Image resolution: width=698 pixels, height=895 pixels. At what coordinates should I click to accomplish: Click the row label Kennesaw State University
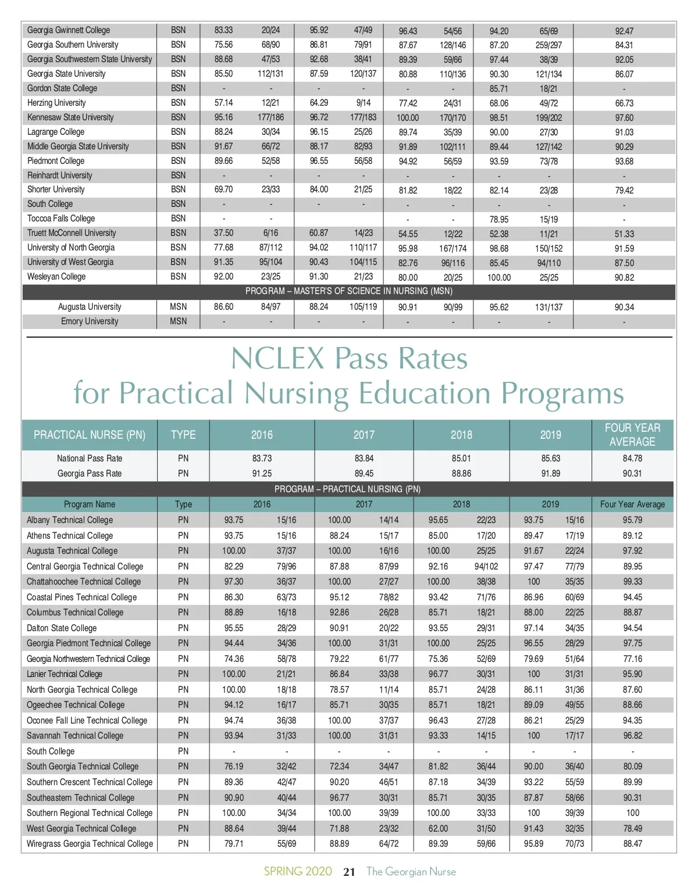click(70, 117)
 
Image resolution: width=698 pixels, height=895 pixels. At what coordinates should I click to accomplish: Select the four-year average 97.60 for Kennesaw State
click(624, 118)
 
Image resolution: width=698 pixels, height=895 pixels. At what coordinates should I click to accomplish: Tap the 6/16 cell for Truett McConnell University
click(270, 233)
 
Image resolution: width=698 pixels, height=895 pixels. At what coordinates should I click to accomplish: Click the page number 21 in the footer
click(349, 872)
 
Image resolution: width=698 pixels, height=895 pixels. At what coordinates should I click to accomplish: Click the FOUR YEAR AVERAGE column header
click(632, 435)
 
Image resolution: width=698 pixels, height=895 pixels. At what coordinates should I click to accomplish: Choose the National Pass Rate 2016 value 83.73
click(262, 459)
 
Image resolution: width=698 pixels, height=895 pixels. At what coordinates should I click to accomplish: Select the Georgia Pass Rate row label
click(90, 474)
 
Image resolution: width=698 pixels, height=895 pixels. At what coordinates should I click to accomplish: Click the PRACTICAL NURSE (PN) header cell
click(90, 435)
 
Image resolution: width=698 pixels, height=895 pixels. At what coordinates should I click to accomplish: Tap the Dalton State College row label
click(62, 628)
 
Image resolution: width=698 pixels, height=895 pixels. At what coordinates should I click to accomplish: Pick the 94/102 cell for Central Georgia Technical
click(486, 567)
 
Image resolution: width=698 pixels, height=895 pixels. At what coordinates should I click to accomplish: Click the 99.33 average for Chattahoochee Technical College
click(632, 582)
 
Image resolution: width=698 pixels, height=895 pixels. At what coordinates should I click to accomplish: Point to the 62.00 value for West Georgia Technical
click(438, 829)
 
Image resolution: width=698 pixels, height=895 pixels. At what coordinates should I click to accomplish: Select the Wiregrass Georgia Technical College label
click(90, 844)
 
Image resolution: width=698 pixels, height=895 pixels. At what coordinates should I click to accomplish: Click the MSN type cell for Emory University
click(179, 321)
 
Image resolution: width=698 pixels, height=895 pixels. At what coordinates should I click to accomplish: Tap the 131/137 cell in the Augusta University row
click(549, 307)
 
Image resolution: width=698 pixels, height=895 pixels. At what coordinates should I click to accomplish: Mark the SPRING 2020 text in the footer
click(298, 872)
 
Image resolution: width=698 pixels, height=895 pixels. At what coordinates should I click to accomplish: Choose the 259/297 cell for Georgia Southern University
click(549, 45)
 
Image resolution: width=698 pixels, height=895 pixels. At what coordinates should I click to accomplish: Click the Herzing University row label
click(56, 103)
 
